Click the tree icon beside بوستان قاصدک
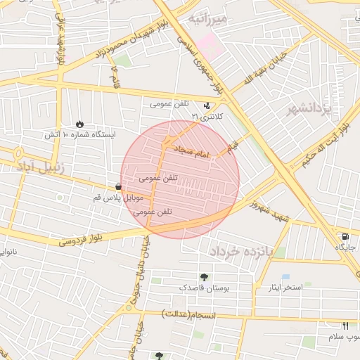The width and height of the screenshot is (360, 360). pos(204,277)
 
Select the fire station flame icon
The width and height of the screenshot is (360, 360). pos(79,123)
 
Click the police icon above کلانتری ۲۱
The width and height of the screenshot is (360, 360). pos(206,105)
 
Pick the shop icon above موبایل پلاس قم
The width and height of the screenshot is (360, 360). pos(117,186)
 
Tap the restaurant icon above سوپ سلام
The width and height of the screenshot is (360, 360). pos(345,326)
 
